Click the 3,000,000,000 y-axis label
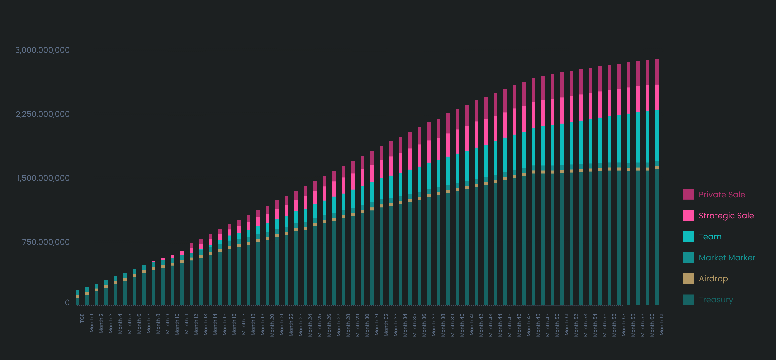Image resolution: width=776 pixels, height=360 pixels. pyautogui.click(x=42, y=50)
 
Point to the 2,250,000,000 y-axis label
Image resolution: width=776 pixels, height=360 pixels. pyautogui.click(x=42, y=114)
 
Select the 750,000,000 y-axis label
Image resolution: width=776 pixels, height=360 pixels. pyautogui.click(x=46, y=242)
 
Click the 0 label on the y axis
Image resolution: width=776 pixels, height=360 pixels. pyautogui.click(x=67, y=302)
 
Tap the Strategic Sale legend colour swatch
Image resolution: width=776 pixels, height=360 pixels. pyautogui.click(x=688, y=216)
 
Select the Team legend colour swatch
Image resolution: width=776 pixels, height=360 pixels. pyautogui.click(x=688, y=237)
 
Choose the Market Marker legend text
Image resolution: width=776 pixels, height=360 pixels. pyautogui.click(x=727, y=258)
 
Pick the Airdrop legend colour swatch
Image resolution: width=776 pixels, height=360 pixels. pyautogui.click(x=688, y=279)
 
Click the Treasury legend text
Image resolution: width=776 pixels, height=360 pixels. pyautogui.click(x=716, y=300)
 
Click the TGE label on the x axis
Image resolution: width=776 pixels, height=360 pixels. pyautogui.click(x=82, y=318)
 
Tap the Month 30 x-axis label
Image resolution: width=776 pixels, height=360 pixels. pyautogui.click(x=367, y=325)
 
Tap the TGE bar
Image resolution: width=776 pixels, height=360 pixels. pyautogui.click(x=78, y=298)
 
